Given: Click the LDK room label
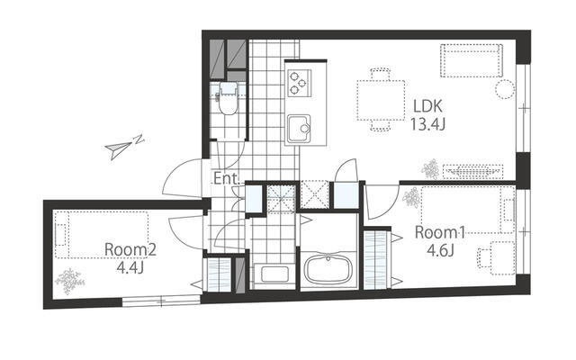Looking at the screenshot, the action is [427, 106].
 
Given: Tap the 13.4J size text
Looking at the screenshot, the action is [427, 125].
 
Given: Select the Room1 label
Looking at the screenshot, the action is [440, 232].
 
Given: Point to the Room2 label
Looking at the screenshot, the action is [130, 250].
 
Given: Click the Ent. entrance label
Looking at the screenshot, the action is [227, 178].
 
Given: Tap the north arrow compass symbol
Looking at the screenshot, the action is [124, 148].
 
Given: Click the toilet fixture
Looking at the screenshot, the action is [228, 98].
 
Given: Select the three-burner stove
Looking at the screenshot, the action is [299, 83].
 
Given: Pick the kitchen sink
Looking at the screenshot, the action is [299, 129].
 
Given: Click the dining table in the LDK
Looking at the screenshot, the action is [381, 101].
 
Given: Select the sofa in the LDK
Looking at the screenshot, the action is [472, 60].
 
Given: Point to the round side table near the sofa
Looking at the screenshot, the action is [505, 89].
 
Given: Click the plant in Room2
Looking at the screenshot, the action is [69, 281].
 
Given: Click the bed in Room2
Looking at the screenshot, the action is [102, 235].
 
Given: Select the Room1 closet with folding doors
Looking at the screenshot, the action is [377, 259].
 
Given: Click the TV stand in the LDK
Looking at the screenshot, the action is [472, 172].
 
